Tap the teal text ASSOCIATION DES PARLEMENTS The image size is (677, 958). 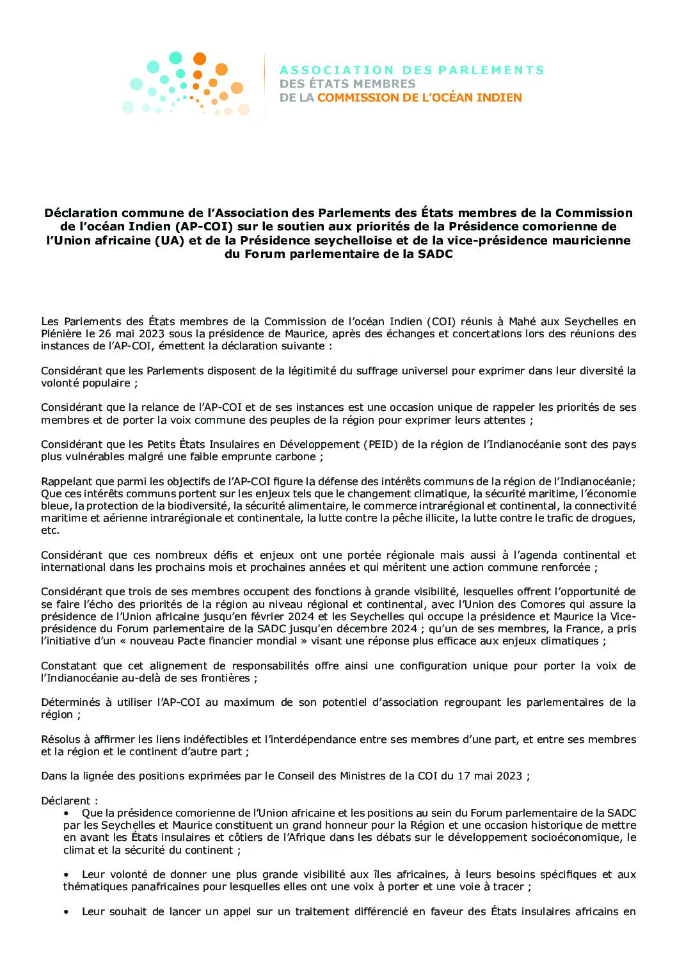coord(412,70)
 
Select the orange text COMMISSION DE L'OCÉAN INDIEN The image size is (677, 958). coord(420,98)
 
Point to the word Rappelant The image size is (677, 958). coord(65,481)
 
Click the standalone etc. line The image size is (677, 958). coord(50,531)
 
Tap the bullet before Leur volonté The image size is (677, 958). coord(67,874)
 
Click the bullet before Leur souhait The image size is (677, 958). coord(67,911)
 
